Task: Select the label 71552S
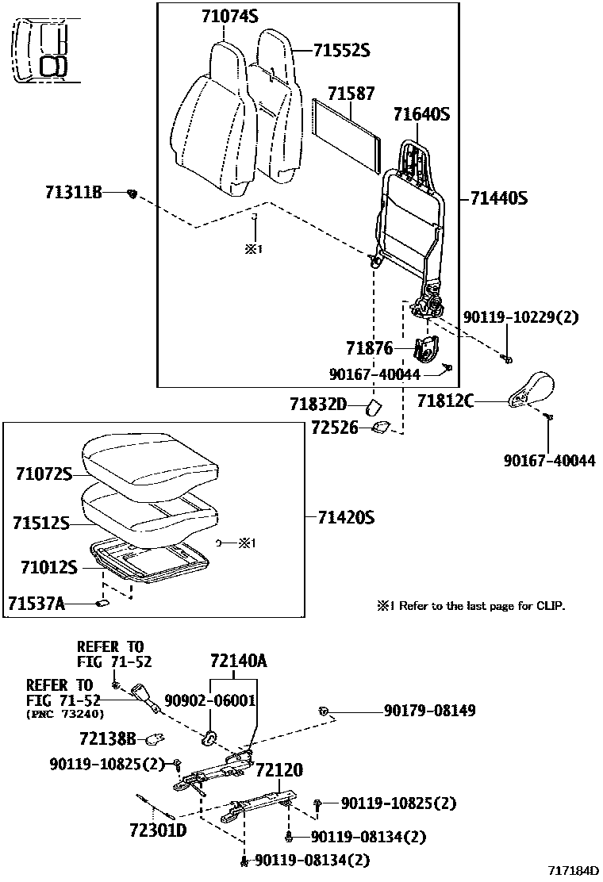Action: click(341, 51)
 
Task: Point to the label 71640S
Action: click(421, 114)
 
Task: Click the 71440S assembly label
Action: click(498, 197)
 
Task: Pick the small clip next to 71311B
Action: click(134, 193)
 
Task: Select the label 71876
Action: click(370, 347)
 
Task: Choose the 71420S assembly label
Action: click(345, 518)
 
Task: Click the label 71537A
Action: click(36, 604)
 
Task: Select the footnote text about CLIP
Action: click(471, 606)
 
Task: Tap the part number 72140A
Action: click(238, 661)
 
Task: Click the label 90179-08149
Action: click(430, 711)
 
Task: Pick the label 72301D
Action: click(158, 830)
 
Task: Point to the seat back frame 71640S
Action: click(413, 206)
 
